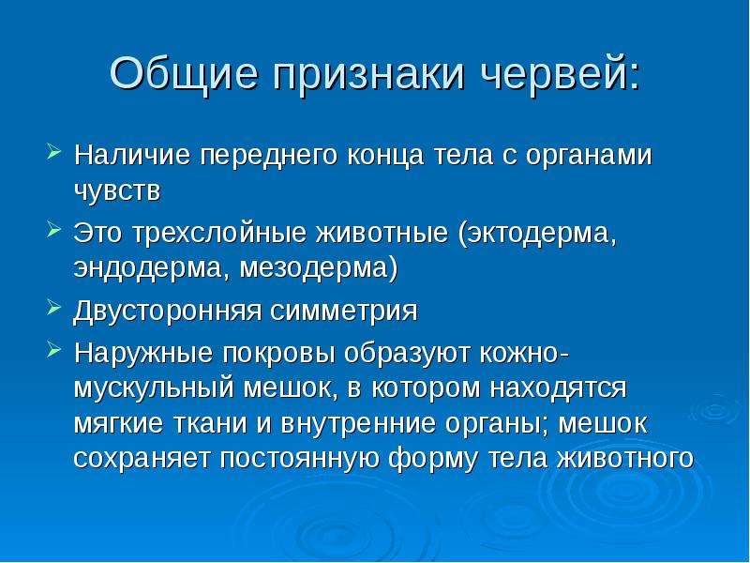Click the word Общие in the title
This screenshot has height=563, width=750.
click(185, 74)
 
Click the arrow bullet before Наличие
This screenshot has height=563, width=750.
click(54, 153)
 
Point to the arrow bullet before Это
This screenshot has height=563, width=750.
click(54, 231)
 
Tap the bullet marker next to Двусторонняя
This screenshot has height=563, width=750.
click(54, 309)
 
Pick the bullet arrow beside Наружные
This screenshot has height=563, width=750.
click(54, 351)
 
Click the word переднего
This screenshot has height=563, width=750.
click(269, 157)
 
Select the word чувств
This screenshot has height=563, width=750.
click(117, 192)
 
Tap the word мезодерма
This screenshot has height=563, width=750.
click(319, 269)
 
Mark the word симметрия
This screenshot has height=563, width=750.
click(343, 312)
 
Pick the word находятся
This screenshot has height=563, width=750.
click(558, 388)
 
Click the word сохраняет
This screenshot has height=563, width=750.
click(142, 459)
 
